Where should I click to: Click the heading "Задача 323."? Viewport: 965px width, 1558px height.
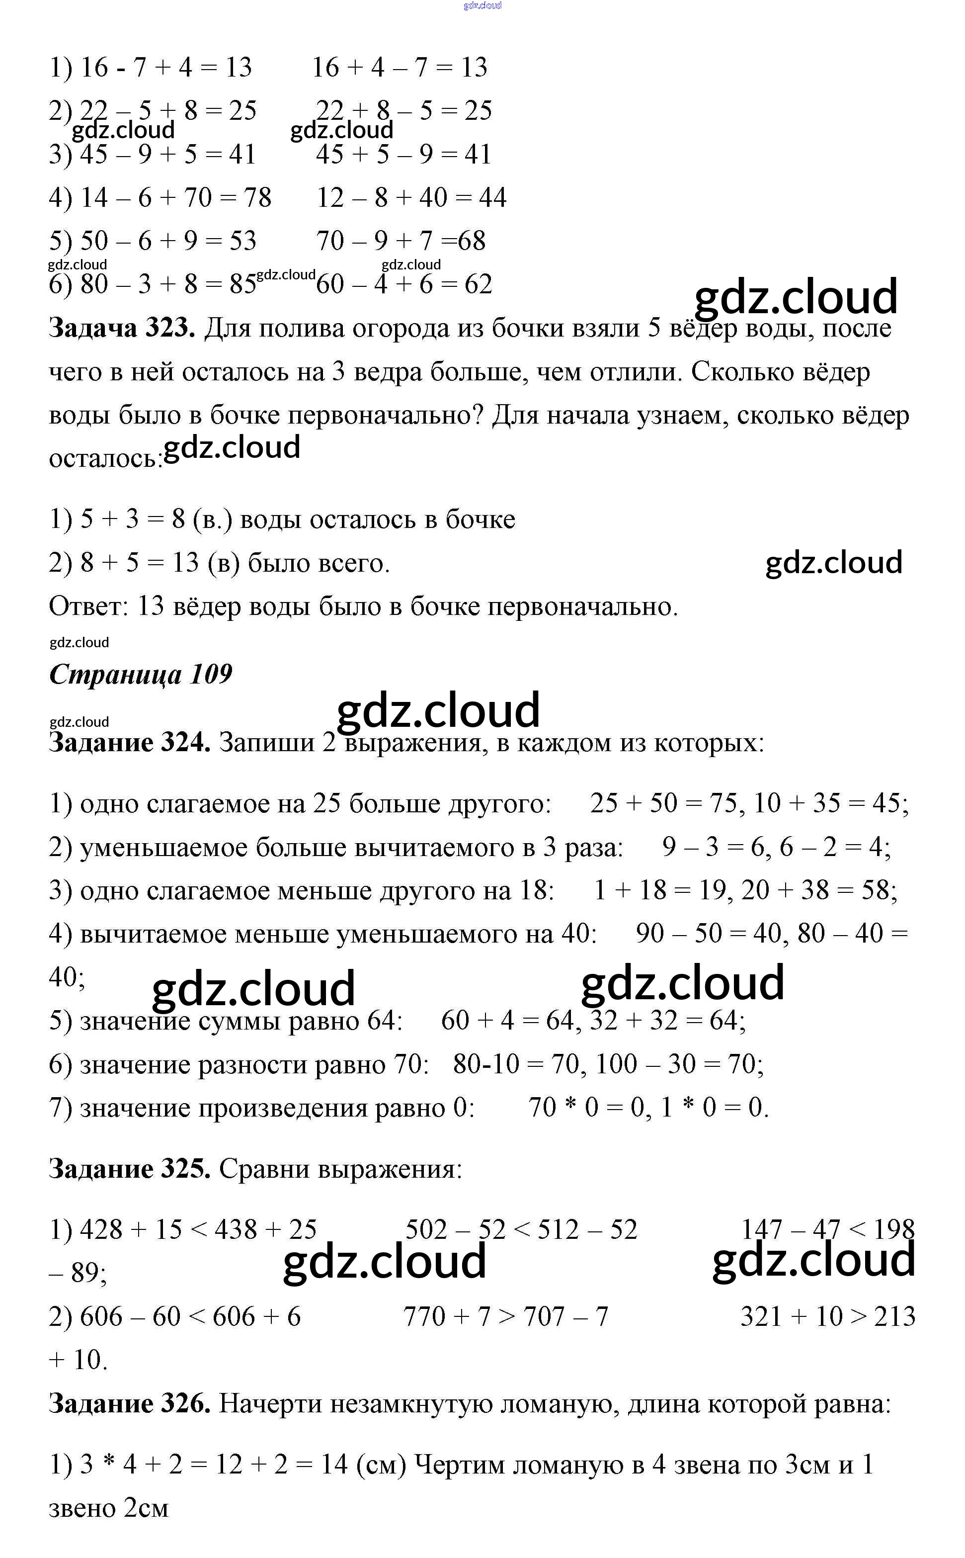point(122,328)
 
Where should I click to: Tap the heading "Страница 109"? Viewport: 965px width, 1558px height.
point(141,674)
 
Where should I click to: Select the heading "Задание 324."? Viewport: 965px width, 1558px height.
point(130,743)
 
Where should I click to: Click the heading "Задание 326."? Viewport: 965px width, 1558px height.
point(130,1403)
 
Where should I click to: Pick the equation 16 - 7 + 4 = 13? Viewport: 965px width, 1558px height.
point(166,68)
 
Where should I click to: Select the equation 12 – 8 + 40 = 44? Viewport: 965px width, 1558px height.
point(411,198)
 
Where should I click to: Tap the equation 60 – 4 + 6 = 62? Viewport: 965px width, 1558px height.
point(404,285)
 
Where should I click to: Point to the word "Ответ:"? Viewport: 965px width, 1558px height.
point(89,606)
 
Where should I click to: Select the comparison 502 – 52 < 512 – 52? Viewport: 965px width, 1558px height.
point(521,1230)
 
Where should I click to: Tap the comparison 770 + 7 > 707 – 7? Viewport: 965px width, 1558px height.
point(505,1316)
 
